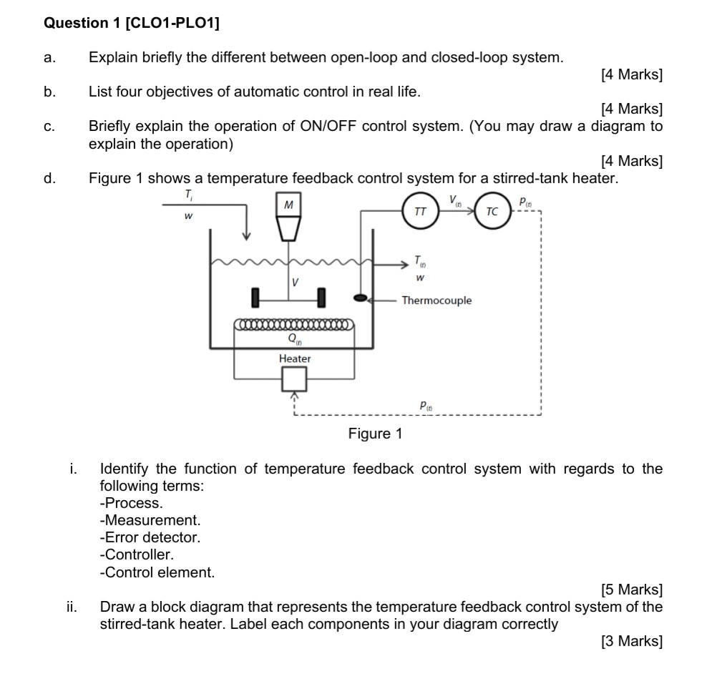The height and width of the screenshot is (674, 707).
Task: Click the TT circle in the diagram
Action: (421, 212)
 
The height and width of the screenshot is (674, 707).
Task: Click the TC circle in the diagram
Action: (492, 212)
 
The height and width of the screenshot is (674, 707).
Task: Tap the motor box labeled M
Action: (288, 205)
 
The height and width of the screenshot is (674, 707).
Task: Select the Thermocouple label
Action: (437, 301)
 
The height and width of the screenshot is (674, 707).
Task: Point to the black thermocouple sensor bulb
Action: (361, 297)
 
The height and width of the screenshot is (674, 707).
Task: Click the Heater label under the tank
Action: (295, 358)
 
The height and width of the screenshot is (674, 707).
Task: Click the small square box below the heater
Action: (294, 379)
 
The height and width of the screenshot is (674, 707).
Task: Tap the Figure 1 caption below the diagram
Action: (375, 434)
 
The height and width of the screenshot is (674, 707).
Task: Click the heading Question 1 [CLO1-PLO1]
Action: (132, 23)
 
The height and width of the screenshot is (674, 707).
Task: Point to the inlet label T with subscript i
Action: (188, 195)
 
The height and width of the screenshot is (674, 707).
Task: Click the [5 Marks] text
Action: (632, 590)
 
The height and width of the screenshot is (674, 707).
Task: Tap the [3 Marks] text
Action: (632, 641)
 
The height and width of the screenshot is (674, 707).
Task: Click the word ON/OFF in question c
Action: (331, 126)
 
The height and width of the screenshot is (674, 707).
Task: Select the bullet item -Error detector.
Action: (150, 537)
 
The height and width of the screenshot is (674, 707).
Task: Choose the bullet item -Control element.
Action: (157, 572)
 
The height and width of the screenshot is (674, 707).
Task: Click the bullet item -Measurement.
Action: (150, 520)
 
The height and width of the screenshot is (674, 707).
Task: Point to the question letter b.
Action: (49, 92)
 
